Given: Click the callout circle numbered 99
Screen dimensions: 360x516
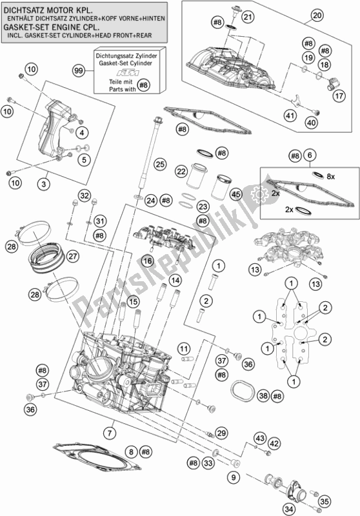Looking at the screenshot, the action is coord(79,71).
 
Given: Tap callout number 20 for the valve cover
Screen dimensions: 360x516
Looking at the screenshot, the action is coord(317,15).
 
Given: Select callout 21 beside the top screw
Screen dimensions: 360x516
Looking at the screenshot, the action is coord(248,16).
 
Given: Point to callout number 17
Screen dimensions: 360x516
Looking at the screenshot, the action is coord(339,96).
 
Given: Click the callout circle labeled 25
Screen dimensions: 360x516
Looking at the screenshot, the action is coord(159,164).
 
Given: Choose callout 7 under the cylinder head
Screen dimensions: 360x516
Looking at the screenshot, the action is coord(110,433).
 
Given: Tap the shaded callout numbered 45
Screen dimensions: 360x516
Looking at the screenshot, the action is coord(236,195).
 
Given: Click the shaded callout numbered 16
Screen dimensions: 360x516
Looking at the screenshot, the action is coord(148,261).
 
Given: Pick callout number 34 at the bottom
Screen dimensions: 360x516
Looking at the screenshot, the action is coord(289,510).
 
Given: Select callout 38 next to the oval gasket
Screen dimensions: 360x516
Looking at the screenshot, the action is coord(263,395).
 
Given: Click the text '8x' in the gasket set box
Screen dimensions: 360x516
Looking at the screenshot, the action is coord(330,177).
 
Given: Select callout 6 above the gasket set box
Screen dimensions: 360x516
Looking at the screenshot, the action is coord(309,155).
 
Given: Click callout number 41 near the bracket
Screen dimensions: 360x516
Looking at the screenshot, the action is coord(291,115).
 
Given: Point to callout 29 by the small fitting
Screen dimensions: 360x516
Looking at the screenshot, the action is coord(221,433).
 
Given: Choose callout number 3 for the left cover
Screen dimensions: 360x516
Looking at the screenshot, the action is coord(44,184).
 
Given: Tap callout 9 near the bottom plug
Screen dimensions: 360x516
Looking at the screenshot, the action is coord(234,477).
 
